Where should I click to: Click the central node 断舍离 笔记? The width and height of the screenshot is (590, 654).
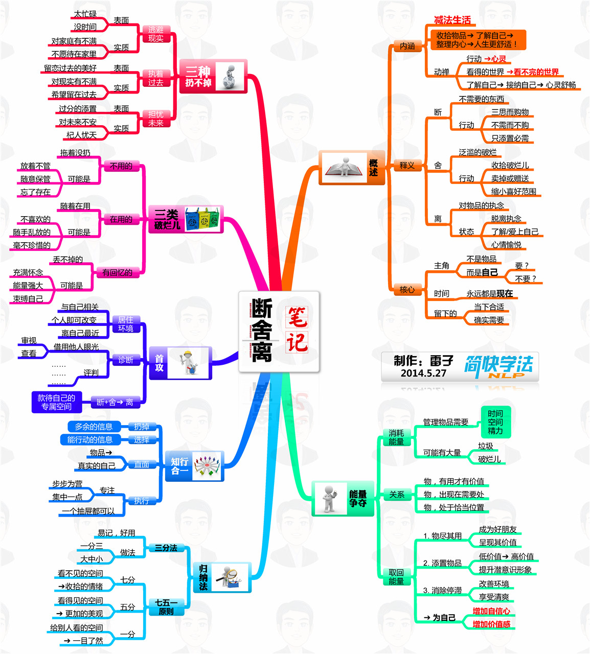279,331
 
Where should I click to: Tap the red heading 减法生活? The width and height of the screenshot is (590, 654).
452,20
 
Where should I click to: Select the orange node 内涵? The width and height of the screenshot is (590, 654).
407,46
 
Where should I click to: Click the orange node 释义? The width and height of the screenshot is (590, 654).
407,165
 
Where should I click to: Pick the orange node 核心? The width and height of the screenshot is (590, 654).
407,290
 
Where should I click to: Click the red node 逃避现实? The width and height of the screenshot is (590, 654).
156,34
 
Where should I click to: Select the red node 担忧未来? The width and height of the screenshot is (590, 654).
156,119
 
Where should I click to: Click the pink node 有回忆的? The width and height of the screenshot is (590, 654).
117,272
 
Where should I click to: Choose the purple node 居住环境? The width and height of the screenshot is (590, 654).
126,324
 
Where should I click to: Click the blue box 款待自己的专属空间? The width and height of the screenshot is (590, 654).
56,402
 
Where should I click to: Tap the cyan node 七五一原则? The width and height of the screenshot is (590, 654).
166,607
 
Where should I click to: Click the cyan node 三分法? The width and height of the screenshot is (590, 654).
166,548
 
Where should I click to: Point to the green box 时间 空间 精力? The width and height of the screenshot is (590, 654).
495,422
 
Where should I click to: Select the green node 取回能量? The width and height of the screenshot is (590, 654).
396,577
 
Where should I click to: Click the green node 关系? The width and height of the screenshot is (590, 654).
397,495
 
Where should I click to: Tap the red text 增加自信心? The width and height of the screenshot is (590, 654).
491,611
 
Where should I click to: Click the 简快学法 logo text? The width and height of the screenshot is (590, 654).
498,365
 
